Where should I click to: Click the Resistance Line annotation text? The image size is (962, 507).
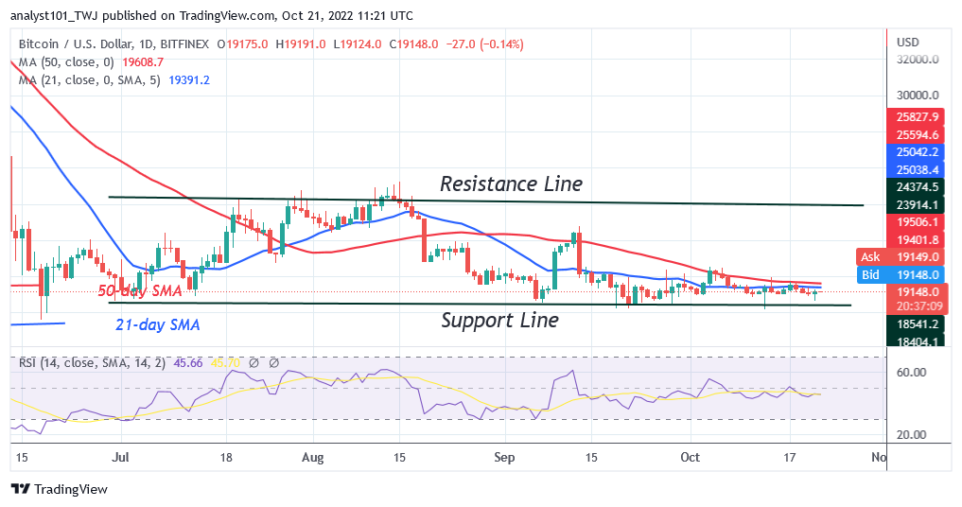512,184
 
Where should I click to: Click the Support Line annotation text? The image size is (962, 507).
499,320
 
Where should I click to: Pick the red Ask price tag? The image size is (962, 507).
869,256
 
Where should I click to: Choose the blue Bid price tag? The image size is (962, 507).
869,274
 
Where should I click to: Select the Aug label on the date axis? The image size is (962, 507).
313,458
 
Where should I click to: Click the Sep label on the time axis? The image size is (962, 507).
504,458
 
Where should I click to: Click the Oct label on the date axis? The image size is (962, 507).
691,458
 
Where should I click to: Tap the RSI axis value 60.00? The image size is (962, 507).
910,373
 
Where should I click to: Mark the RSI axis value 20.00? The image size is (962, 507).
910,435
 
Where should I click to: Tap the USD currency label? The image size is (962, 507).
908,43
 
